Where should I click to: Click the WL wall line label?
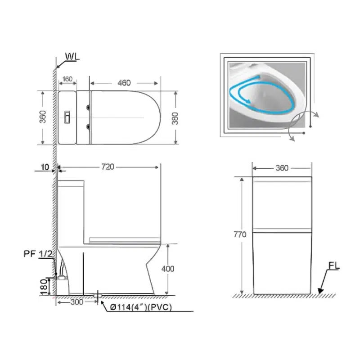(72, 57)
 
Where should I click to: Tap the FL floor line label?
(334, 265)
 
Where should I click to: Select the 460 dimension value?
(124, 83)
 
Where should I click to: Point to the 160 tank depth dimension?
(67, 79)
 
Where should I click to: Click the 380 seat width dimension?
(175, 118)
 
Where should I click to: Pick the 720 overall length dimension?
(108, 167)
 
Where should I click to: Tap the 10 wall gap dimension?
(45, 167)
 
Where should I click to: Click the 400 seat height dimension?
(168, 269)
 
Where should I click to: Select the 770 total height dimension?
(240, 234)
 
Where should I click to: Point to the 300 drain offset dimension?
(76, 302)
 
